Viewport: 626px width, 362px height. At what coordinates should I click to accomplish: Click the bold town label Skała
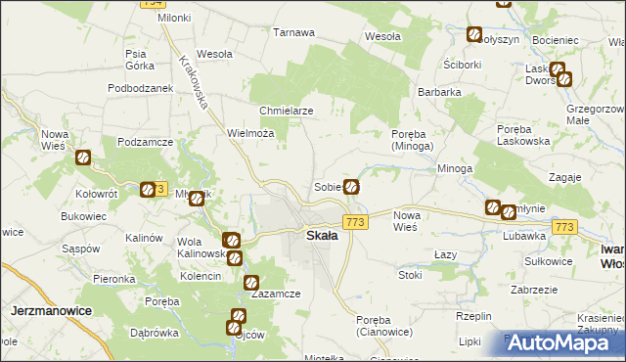click(x=322, y=236)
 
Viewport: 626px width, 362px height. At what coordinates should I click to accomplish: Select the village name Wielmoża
click(x=248, y=132)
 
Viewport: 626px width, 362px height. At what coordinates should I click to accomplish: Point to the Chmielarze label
click(x=286, y=111)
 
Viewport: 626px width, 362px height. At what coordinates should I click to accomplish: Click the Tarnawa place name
click(x=293, y=32)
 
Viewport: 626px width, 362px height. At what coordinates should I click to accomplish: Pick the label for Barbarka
click(x=439, y=92)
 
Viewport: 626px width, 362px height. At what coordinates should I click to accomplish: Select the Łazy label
click(x=446, y=253)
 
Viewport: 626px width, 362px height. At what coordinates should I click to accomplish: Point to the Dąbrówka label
click(x=153, y=332)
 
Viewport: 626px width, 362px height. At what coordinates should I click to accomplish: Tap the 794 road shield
click(x=152, y=4)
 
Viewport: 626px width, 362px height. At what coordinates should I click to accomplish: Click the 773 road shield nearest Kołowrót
click(x=159, y=189)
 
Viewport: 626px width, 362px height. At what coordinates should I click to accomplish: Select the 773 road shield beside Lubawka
click(x=562, y=227)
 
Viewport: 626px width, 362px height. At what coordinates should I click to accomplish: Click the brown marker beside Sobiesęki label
click(x=351, y=186)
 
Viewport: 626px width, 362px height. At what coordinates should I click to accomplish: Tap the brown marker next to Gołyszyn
click(x=474, y=35)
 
